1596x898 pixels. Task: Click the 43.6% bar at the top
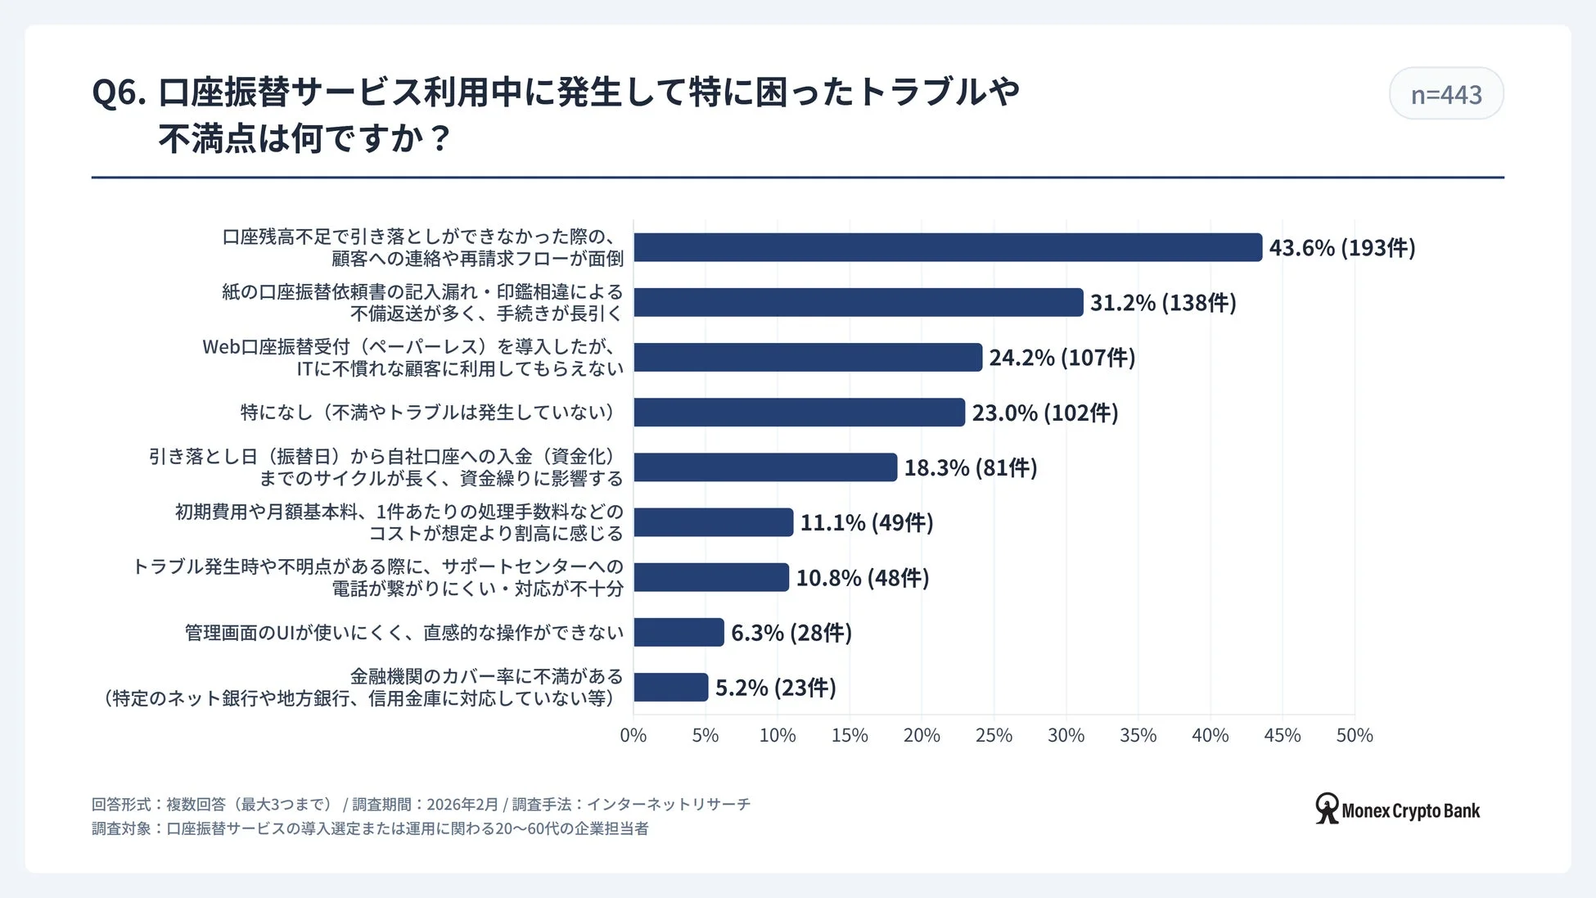pyautogui.click(x=948, y=247)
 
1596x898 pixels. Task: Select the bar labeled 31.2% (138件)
pyautogui.click(x=858, y=302)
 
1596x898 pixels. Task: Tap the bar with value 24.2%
pyautogui.click(x=808, y=357)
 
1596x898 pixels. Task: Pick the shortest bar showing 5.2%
pyautogui.click(x=670, y=687)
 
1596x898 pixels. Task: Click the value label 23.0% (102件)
pyautogui.click(x=1044, y=413)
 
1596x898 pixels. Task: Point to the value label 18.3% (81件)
pyautogui.click(x=970, y=467)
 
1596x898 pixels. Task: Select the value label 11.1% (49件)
pyautogui.click(x=866, y=522)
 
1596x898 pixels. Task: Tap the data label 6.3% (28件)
pyautogui.click(x=791, y=633)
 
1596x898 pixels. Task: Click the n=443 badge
pyautogui.click(x=1445, y=94)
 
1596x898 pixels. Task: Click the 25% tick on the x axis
pyautogui.click(x=994, y=735)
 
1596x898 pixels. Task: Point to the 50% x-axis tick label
pyautogui.click(x=1354, y=735)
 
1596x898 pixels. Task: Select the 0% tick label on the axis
pyautogui.click(x=633, y=735)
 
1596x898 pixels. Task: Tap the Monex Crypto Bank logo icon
pyautogui.click(x=1326, y=809)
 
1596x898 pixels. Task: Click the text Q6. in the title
pyautogui.click(x=119, y=93)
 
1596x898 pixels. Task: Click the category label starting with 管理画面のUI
pyautogui.click(x=404, y=633)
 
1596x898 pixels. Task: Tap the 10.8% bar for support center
pyautogui.click(x=710, y=577)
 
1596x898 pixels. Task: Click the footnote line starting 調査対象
pyautogui.click(x=370, y=828)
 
